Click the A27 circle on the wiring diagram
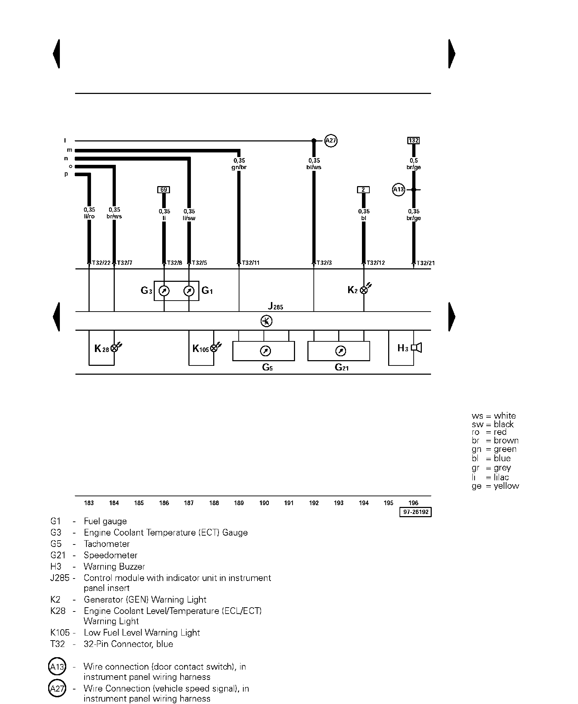[x=330, y=141]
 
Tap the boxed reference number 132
[x=413, y=140]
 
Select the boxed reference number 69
[x=164, y=190]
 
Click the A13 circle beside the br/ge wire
[x=398, y=190]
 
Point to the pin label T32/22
[x=101, y=263]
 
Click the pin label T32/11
[x=250, y=263]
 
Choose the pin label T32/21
[x=425, y=263]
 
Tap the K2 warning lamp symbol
[x=364, y=290]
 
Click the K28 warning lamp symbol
[x=114, y=348]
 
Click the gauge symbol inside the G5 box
[x=265, y=351]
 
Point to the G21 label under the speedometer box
[x=341, y=367]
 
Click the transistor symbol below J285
[x=266, y=321]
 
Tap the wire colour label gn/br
[x=239, y=167]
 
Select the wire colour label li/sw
[x=189, y=218]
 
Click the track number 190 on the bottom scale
[x=264, y=503]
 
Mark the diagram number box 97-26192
[x=415, y=512]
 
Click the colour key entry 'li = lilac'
[x=490, y=477]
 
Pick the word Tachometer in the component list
[x=107, y=544]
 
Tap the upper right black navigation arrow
[x=452, y=54]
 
